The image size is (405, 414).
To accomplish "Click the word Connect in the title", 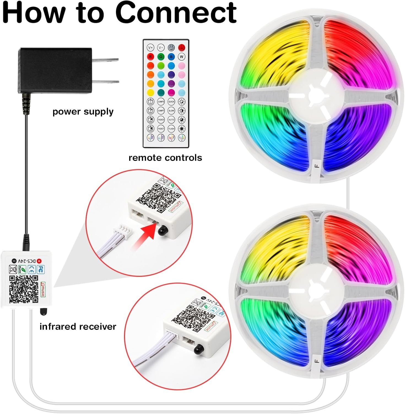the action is coord(176,12).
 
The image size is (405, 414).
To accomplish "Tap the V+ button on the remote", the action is coord(150,47).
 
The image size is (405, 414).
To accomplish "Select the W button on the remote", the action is coord(182,57).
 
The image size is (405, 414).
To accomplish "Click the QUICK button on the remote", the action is coord(171,102).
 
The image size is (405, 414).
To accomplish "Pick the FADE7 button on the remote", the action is coord(161,128).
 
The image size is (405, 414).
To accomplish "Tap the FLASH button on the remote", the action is coord(171,128).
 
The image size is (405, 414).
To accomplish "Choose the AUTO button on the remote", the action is coord(171,120).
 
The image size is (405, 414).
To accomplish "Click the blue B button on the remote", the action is coord(171,57).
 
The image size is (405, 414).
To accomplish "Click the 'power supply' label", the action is coord(83,112).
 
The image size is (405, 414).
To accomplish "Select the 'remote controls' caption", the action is coord(165,158).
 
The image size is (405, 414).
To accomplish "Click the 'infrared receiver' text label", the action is coord(78,327).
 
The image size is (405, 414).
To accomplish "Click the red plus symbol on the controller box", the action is coord(39,261).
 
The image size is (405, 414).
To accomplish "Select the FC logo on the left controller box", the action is coord(41,269).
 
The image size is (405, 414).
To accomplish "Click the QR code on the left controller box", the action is coord(24,289).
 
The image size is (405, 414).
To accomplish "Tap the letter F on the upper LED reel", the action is coord(317,166).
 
